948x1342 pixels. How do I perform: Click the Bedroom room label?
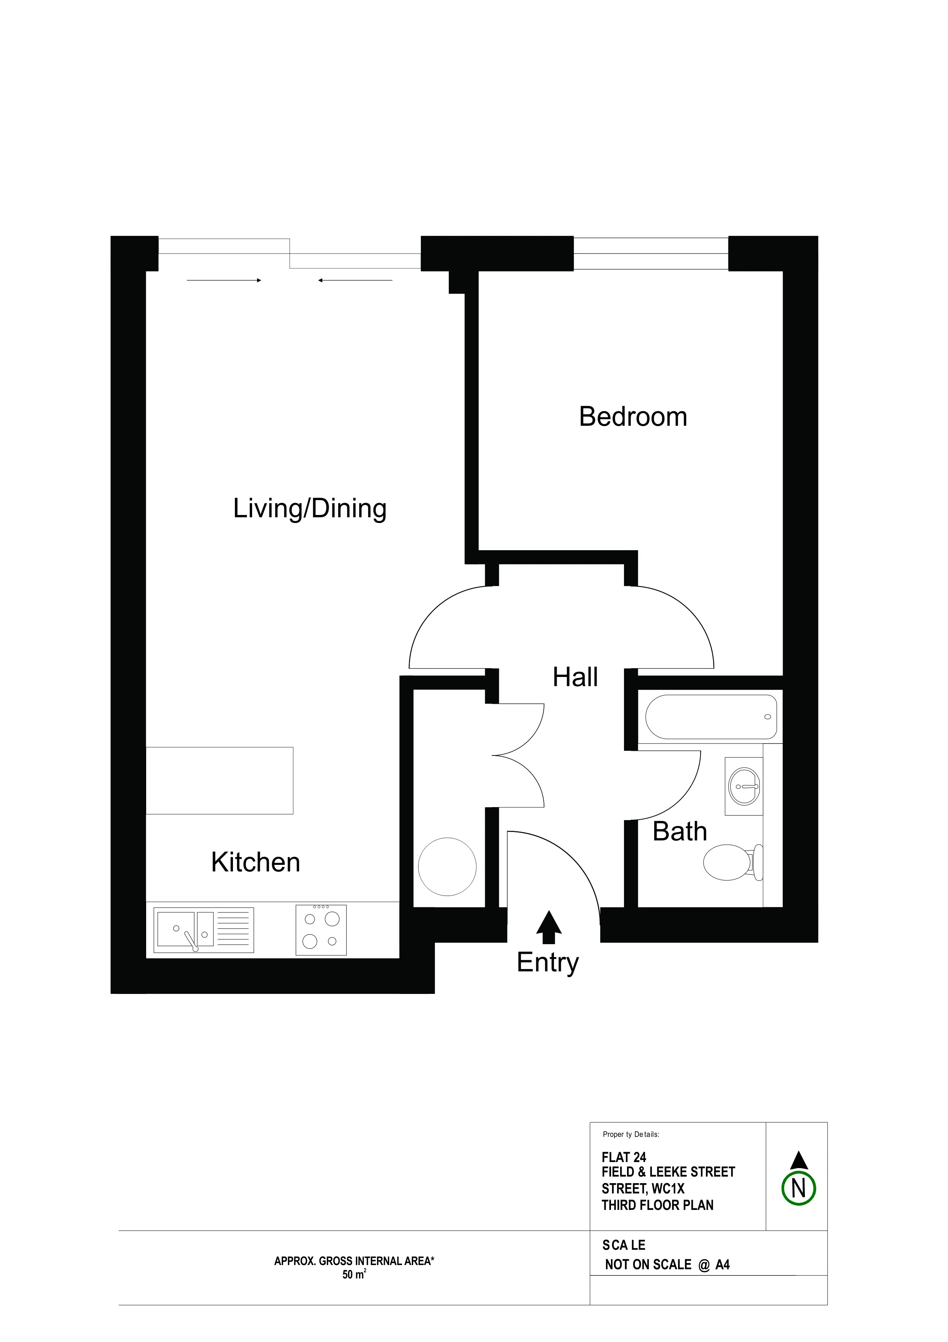tap(633, 417)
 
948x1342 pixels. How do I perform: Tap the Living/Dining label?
tap(309, 508)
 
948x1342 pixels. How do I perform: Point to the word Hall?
tap(575, 677)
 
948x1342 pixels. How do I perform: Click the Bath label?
tap(680, 831)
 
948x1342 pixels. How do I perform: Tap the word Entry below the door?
tap(548, 963)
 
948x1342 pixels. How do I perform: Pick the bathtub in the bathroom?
tap(711, 717)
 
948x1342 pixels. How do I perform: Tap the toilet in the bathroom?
tap(734, 862)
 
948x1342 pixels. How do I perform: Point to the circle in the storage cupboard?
tap(448, 867)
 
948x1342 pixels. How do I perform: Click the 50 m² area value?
tap(354, 1275)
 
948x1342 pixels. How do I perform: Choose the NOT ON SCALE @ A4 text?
tap(668, 1265)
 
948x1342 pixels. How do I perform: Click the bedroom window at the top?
tap(651, 253)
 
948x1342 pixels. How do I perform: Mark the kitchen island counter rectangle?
tap(220, 780)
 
